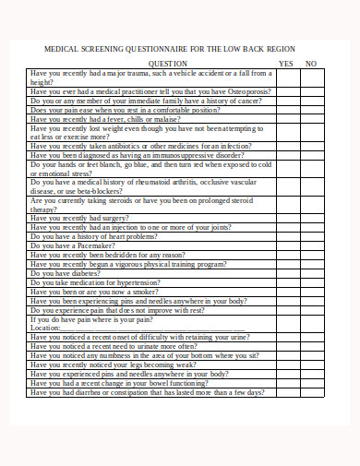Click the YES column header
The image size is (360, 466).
(x=285, y=64)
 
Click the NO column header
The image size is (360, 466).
(x=311, y=64)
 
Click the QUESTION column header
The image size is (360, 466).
(x=168, y=64)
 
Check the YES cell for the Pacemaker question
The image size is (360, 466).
(x=285, y=246)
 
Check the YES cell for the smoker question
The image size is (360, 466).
(x=285, y=292)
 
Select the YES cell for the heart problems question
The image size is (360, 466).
(x=285, y=237)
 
